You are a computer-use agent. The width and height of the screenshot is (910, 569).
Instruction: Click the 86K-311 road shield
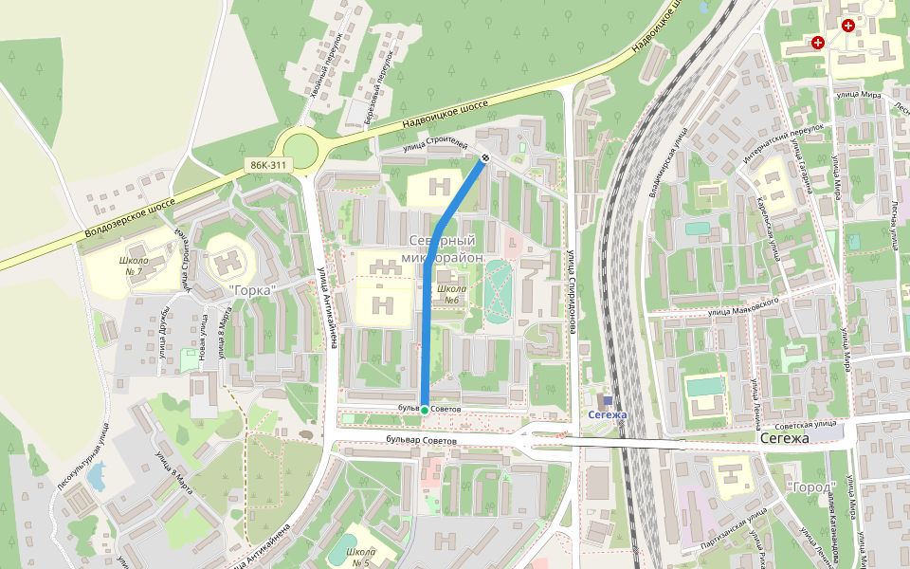[x=268, y=165]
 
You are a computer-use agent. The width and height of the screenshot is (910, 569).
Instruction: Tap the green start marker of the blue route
[x=424, y=410]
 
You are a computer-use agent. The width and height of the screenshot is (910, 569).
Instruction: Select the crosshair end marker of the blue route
[x=484, y=158]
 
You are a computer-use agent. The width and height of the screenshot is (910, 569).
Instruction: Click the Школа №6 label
[x=450, y=294]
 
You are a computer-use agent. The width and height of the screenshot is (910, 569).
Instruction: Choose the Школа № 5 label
[x=360, y=558]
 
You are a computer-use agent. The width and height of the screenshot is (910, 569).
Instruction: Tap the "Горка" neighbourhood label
[x=252, y=289]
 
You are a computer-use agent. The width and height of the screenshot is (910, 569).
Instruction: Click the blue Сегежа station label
[x=607, y=415]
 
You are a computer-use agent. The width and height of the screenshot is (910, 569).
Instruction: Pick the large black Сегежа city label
[x=784, y=439]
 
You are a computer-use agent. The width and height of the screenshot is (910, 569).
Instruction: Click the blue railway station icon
[x=608, y=401]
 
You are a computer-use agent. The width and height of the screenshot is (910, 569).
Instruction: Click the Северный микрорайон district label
[x=448, y=249]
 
